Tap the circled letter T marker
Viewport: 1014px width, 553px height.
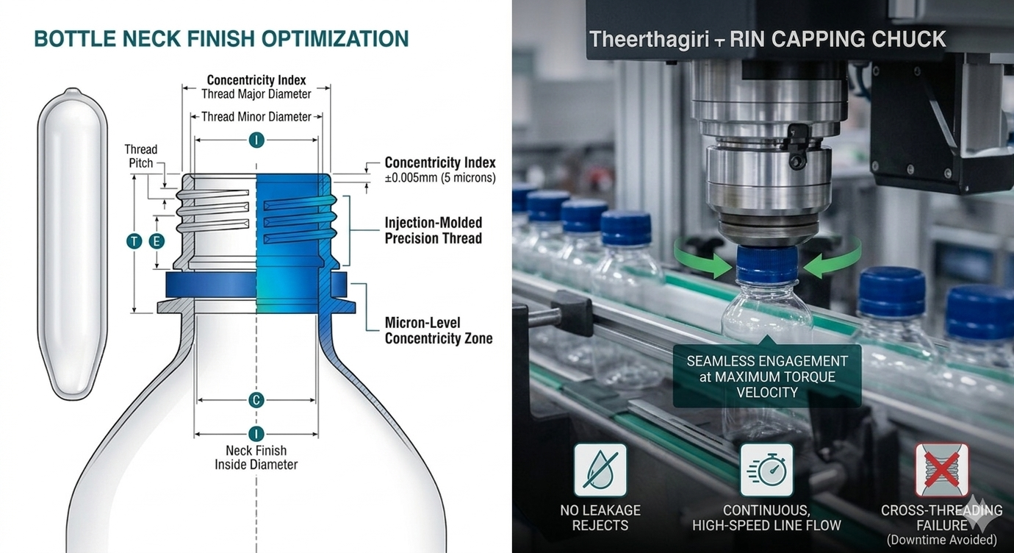134,241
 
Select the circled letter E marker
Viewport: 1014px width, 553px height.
157,241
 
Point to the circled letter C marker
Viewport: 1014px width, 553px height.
256,400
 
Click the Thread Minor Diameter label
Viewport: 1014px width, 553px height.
256,117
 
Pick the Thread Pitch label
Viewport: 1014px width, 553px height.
141,156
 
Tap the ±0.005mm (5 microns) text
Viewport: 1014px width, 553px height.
440,177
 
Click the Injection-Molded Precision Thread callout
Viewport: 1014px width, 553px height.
434,230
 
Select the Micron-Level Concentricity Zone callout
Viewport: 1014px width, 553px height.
439,331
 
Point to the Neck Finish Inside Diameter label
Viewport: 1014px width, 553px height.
256,457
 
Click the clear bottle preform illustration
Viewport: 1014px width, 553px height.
73,243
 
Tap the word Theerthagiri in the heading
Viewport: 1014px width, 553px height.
649,40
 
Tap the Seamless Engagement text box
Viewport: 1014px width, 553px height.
767,377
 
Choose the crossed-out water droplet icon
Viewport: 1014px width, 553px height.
600,470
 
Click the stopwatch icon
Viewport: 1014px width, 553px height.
766,470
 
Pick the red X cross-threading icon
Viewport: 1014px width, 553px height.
941,470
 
